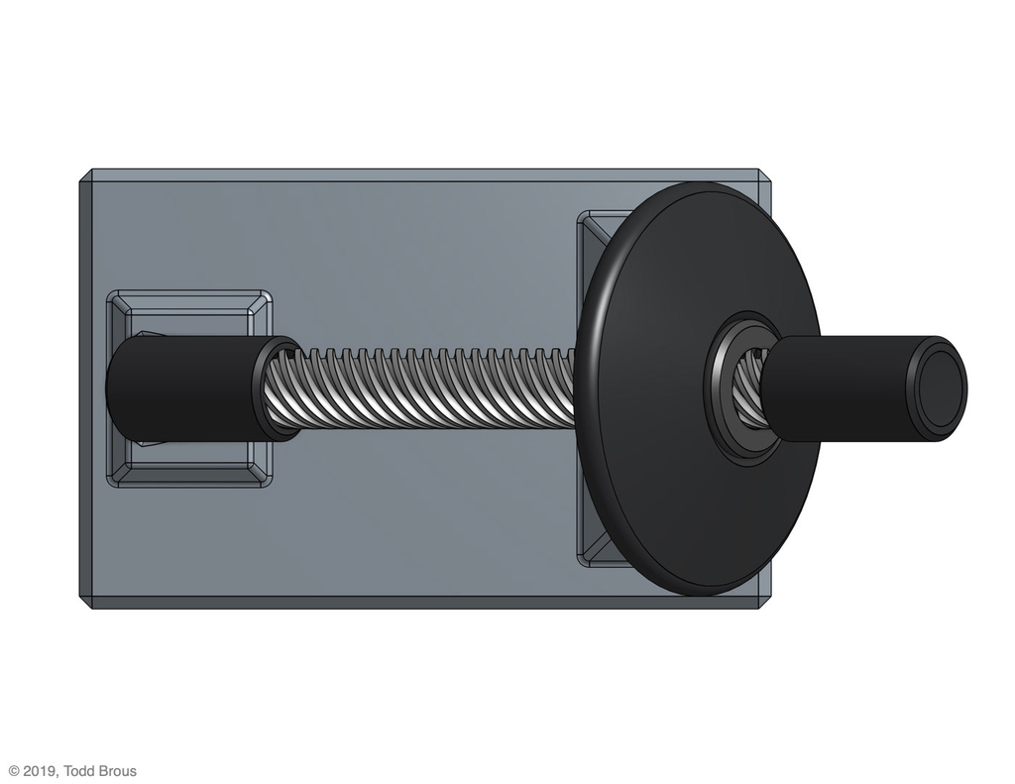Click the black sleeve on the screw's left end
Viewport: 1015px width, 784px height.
click(x=187, y=388)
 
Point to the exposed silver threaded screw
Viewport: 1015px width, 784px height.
click(x=427, y=390)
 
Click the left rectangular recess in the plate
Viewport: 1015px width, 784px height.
click(x=189, y=389)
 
